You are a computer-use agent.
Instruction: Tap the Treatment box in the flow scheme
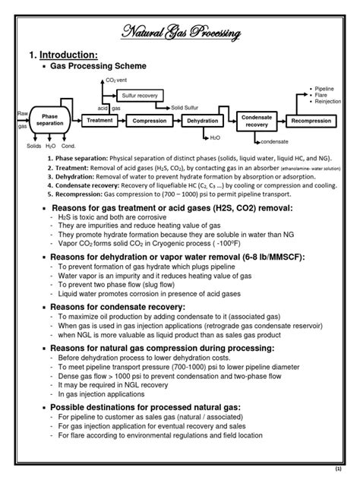coord(99,120)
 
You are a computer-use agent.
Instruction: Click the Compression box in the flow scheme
coord(150,121)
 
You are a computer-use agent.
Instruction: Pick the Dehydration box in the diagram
coord(201,121)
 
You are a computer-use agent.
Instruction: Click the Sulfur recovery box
coord(141,95)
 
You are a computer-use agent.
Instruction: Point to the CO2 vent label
coord(116,80)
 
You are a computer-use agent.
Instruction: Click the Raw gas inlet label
coord(22,120)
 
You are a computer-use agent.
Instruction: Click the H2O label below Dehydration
coord(215,137)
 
